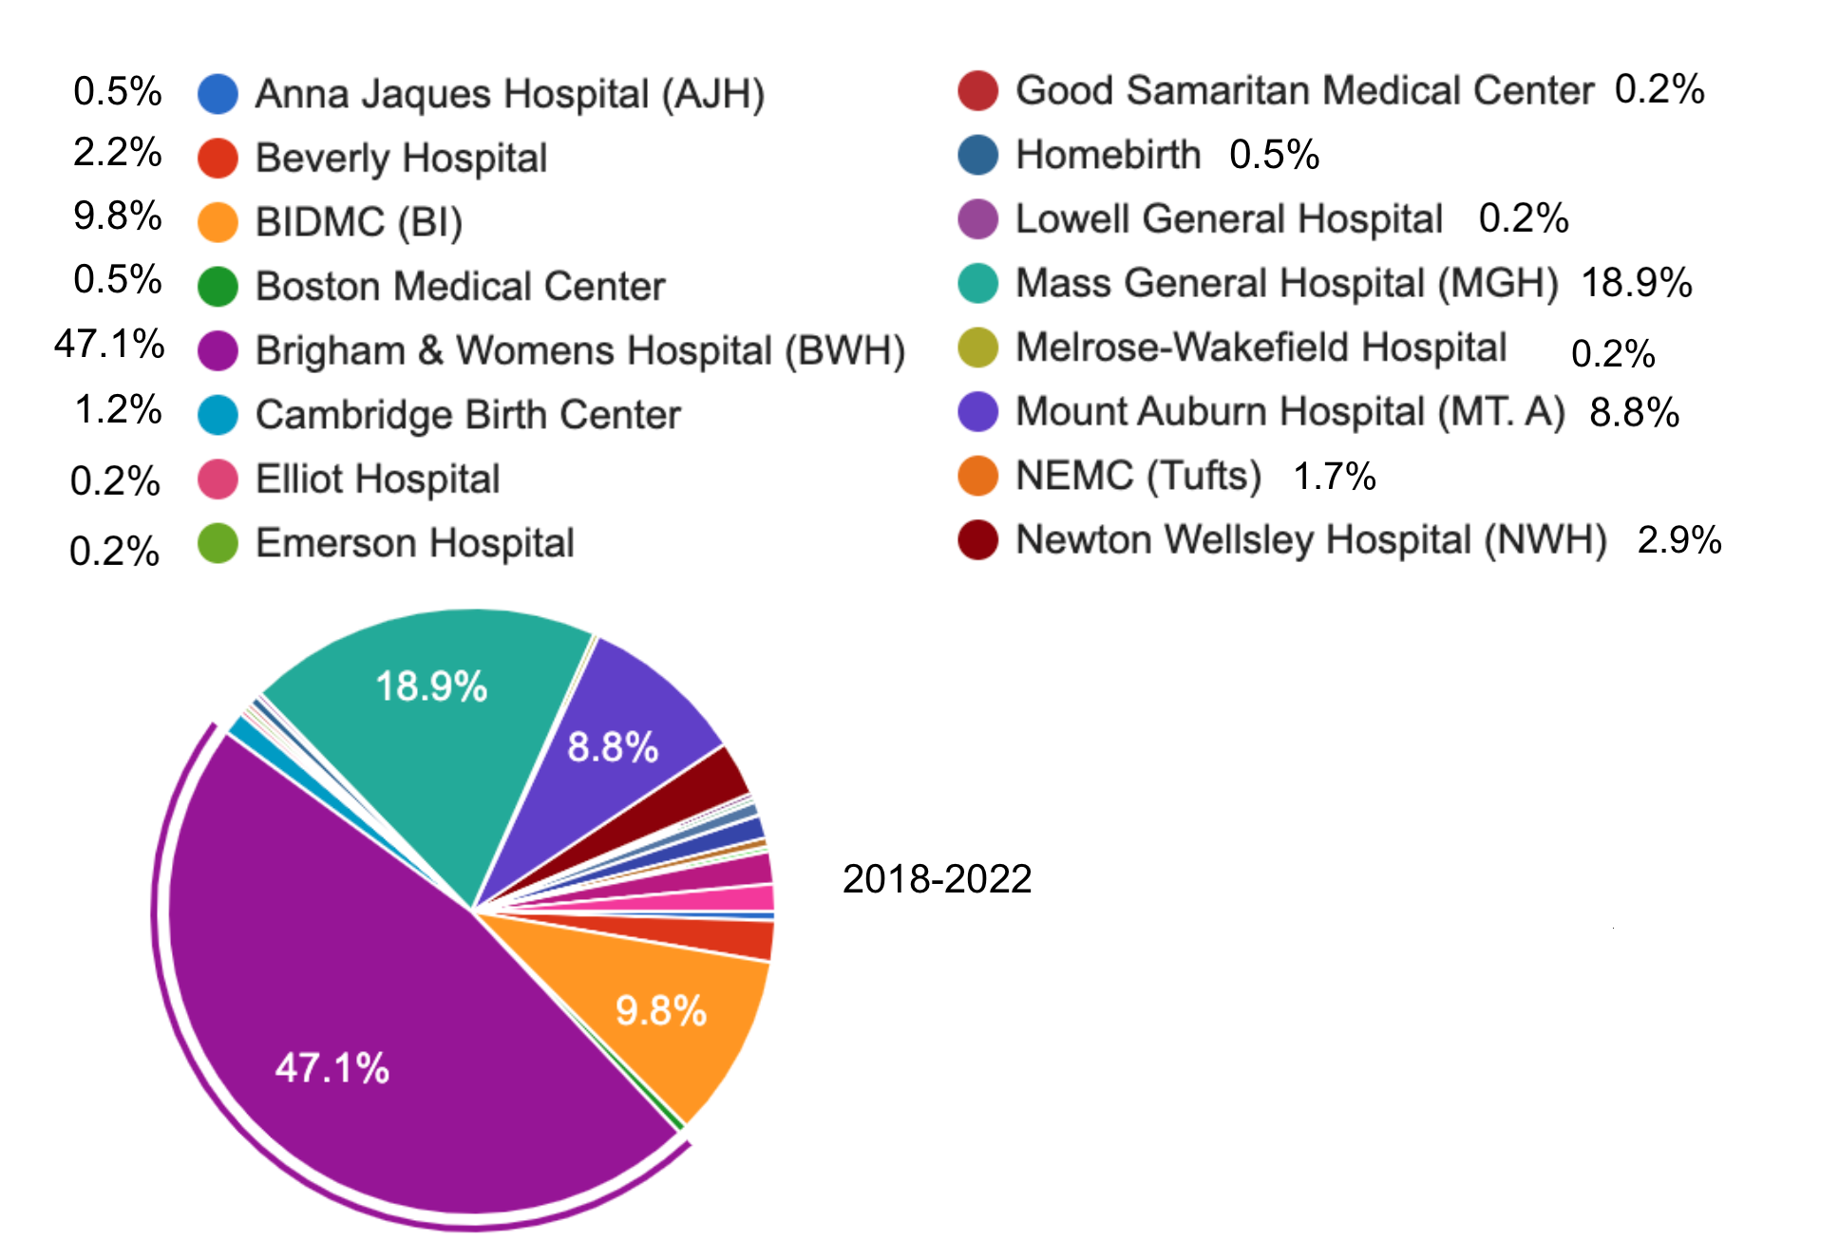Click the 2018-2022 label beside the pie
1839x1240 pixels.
(937, 879)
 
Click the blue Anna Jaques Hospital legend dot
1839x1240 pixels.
(218, 94)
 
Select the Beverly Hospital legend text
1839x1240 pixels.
(401, 158)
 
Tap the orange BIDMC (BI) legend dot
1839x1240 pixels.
(218, 222)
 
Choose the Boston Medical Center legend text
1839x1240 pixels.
(460, 286)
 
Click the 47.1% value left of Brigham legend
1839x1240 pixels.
(109, 344)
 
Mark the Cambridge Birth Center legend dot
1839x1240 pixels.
(218, 415)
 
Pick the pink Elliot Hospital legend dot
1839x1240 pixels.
(218, 479)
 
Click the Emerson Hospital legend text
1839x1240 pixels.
(415, 543)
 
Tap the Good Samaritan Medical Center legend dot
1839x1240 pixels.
(977, 90)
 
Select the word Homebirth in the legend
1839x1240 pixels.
(1108, 155)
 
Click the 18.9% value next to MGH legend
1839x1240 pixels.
(1636, 283)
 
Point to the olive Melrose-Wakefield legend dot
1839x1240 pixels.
(977, 348)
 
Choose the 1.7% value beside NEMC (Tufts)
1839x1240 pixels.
(1334, 477)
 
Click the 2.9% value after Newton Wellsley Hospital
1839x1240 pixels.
(1678, 540)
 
